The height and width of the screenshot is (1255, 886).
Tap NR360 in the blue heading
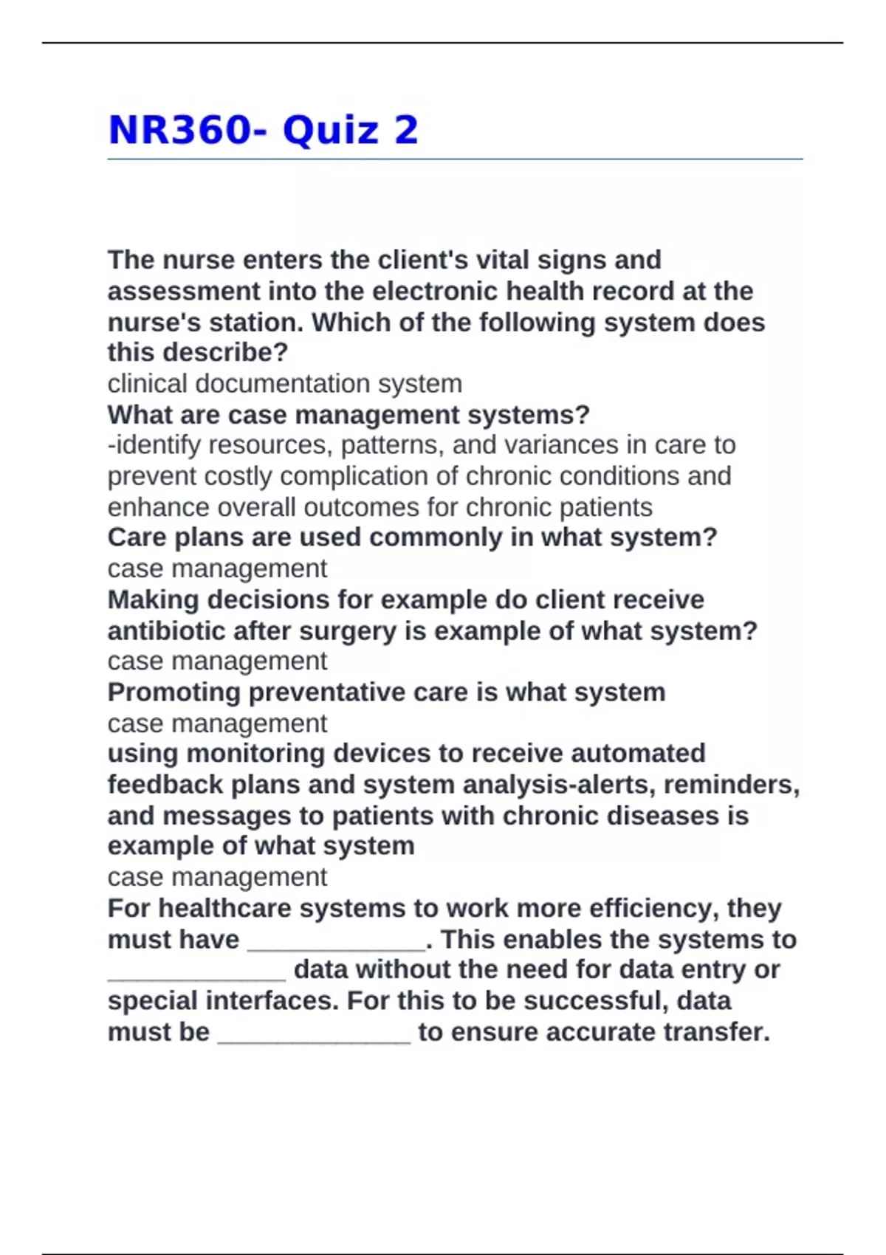click(180, 131)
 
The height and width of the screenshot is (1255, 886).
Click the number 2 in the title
click(406, 131)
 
